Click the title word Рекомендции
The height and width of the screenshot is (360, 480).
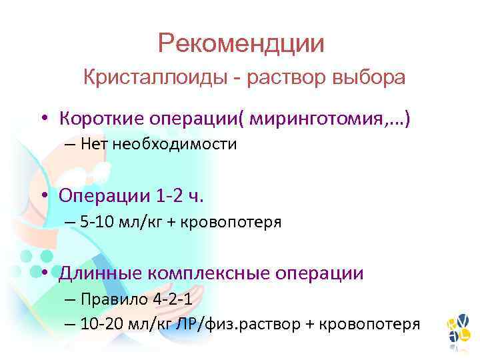241,44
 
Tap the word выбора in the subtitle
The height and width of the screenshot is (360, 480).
370,78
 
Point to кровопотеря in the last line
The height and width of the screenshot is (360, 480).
374,324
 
